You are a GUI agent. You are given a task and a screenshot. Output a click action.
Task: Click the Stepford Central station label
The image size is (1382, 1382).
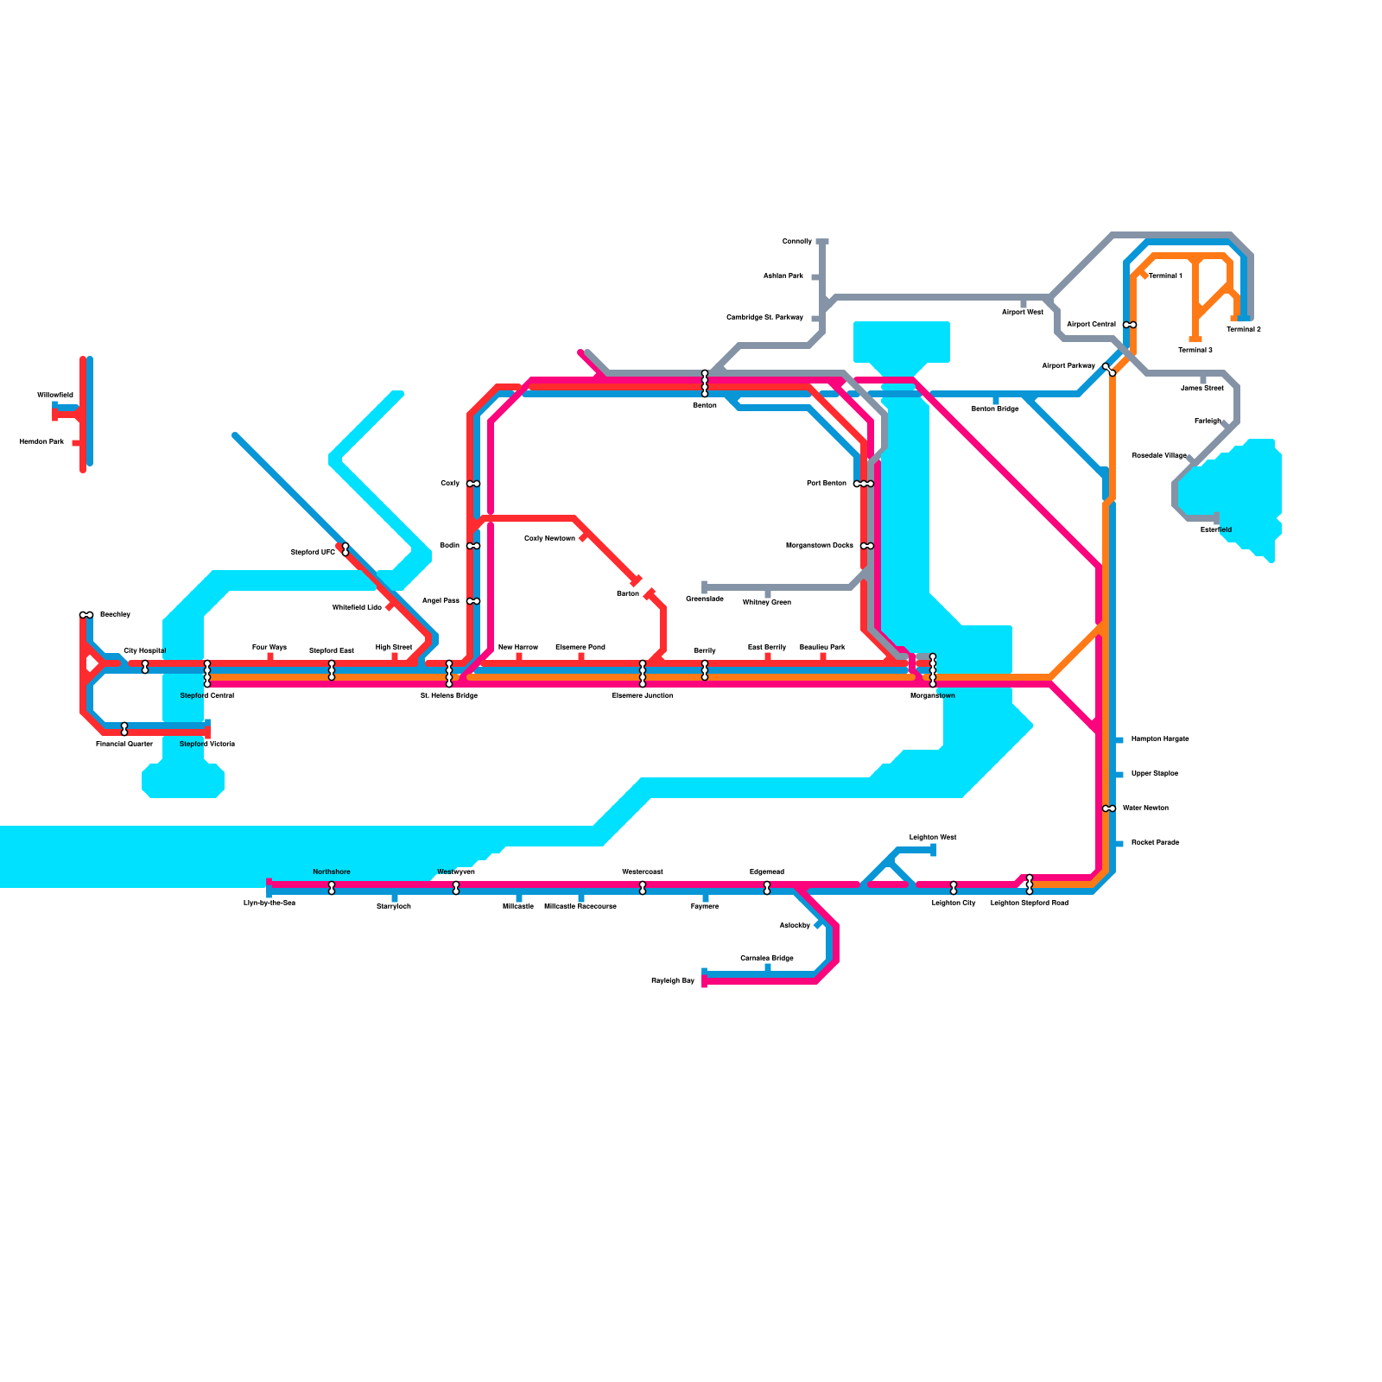click(206, 695)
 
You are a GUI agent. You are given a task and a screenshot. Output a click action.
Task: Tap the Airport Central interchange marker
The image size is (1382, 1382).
click(1130, 325)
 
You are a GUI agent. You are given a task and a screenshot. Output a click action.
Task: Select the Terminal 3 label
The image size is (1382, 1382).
click(1195, 350)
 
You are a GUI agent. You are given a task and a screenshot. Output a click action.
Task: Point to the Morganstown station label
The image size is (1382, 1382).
click(933, 695)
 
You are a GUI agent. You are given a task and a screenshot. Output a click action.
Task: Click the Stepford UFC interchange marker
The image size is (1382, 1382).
click(345, 549)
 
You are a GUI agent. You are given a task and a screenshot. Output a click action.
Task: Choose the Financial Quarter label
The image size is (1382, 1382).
click(124, 744)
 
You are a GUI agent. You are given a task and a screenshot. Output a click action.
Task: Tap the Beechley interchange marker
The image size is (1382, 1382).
click(86, 615)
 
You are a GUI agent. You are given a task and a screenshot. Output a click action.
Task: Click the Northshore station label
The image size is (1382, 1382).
click(332, 872)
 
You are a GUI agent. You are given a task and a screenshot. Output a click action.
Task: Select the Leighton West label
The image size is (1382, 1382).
click(933, 837)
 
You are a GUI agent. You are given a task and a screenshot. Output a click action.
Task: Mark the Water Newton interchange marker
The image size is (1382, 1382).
click(1109, 808)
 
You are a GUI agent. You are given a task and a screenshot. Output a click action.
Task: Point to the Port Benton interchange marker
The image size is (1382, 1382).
click(864, 484)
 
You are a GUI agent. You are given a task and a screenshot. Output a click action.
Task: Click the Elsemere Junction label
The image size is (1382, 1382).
click(643, 695)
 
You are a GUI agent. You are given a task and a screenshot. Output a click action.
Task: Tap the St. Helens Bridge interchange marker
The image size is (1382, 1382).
click(449, 674)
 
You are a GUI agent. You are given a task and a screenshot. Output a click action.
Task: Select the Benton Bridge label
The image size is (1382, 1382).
click(995, 409)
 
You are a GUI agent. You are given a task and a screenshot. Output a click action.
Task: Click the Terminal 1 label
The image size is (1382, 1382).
click(1165, 276)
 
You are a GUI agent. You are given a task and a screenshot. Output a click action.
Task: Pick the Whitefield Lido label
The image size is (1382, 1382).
click(357, 607)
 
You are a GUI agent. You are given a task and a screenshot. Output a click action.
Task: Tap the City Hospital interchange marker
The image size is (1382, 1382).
click(145, 667)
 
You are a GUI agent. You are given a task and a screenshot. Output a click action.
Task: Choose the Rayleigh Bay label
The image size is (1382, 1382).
click(673, 980)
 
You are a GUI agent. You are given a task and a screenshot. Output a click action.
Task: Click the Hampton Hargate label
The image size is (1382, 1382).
click(1160, 739)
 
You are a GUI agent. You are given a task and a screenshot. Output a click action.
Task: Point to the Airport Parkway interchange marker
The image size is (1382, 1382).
click(1110, 370)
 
